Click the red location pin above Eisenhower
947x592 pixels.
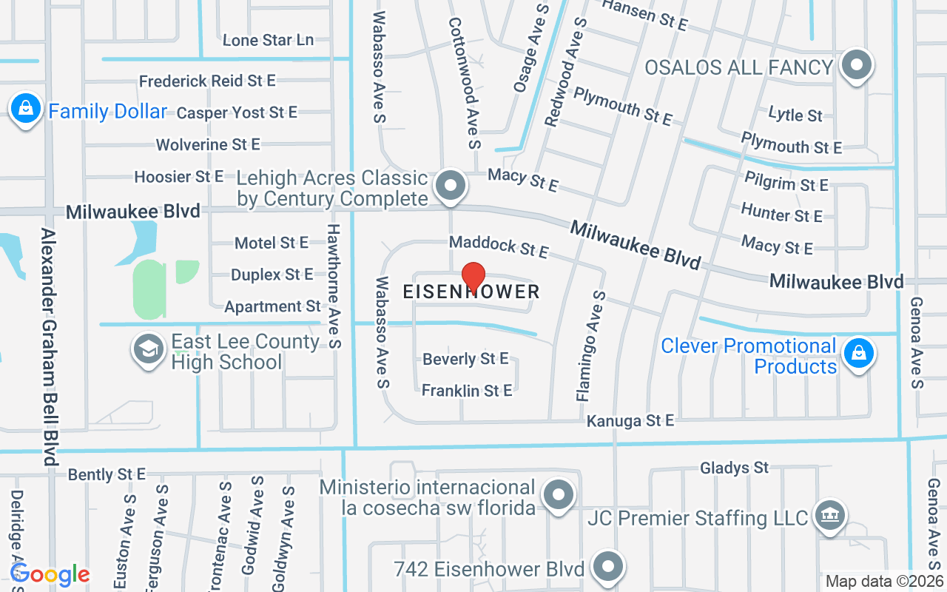[x=473, y=277]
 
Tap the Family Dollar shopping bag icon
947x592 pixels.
[x=26, y=110]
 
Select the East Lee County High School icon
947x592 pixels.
[x=148, y=350]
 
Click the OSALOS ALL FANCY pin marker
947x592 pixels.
[x=857, y=65]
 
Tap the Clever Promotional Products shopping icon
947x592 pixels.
[x=857, y=354]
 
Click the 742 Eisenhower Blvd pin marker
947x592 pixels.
[x=608, y=567]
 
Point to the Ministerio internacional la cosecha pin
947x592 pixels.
[x=559, y=494]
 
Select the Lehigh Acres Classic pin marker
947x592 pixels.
[x=450, y=185]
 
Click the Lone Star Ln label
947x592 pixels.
[x=268, y=40]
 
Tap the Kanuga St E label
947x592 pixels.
[x=630, y=420]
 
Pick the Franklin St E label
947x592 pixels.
[x=467, y=390]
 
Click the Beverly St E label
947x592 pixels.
[x=465, y=359]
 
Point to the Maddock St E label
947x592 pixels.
[x=499, y=247]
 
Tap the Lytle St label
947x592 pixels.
[x=795, y=115]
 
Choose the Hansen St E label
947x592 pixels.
[x=644, y=15]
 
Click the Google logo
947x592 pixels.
[x=50, y=574]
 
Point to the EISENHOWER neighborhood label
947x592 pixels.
[x=471, y=292]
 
